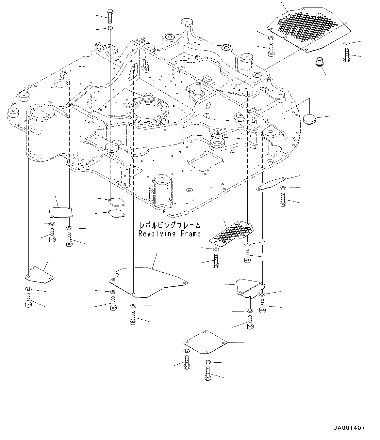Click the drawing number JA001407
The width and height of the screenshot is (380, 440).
pos(349,428)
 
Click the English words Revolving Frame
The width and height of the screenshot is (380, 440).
pos(169,234)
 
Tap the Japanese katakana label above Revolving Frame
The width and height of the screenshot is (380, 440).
pos(170,225)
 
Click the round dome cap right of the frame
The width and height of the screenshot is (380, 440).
pos(309,119)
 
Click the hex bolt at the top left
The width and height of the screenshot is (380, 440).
pos(109,16)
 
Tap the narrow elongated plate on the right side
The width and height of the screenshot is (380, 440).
pos(271,184)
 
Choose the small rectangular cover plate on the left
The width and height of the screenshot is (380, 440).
pos(60,211)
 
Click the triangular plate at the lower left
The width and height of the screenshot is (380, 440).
pos(39,275)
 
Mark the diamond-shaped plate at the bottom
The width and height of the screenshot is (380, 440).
pos(205,342)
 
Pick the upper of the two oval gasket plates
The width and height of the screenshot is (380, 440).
pos(116,202)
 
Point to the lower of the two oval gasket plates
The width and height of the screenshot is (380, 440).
pos(116,214)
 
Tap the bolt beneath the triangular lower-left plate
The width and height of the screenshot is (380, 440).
pos(28,300)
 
